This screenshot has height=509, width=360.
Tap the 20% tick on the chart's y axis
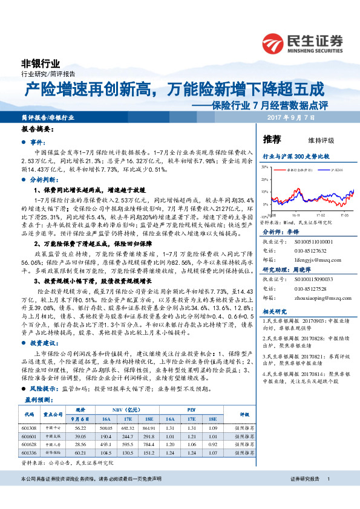click(264, 181)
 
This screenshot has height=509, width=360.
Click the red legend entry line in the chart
click(283, 171)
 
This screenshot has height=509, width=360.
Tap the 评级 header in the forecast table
click(245, 415)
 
